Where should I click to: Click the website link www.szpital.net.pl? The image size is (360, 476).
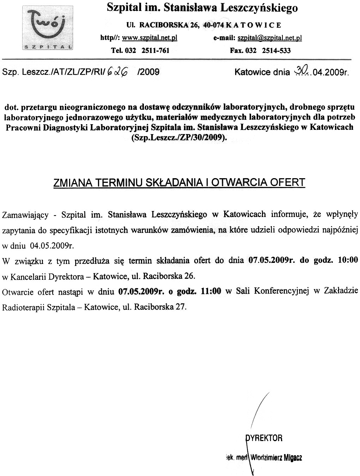click(149, 38)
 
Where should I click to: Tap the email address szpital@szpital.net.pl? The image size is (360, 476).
click(270, 38)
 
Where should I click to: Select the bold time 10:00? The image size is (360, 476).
click(348, 260)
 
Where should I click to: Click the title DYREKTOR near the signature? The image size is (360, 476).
click(264, 438)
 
